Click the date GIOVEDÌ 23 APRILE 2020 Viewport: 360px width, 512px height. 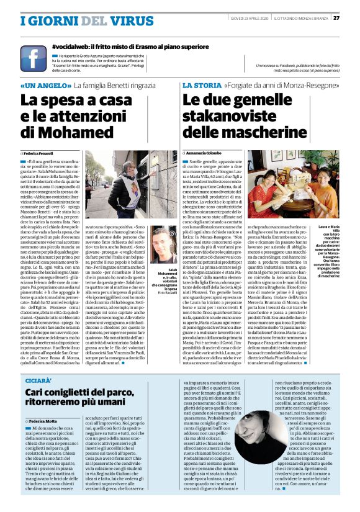point(245,18)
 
